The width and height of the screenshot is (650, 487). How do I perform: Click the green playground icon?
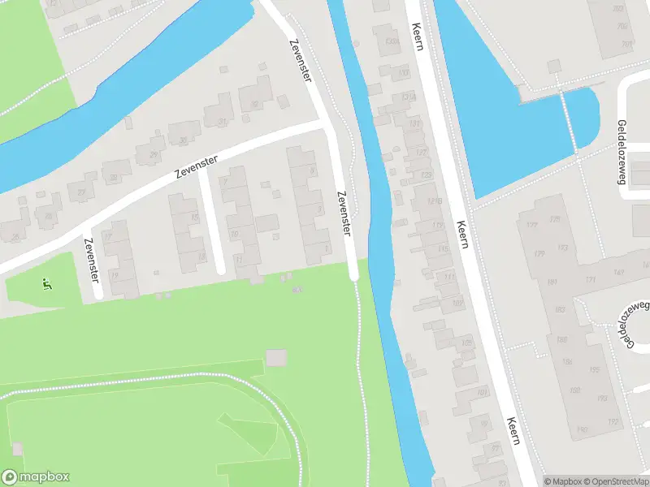click(x=46, y=283)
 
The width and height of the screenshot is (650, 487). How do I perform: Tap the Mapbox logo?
click(x=36, y=477)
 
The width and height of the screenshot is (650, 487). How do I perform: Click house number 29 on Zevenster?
click(x=154, y=154)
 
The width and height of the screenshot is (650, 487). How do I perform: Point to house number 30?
click(x=183, y=140)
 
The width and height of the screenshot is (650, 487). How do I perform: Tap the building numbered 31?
click(x=222, y=121)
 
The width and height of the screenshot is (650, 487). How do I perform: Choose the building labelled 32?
click(x=254, y=104)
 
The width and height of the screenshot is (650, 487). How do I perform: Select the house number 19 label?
click(x=115, y=276)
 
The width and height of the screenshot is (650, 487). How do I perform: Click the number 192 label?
click(x=613, y=421)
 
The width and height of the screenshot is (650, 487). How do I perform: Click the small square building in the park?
click(x=276, y=357)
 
